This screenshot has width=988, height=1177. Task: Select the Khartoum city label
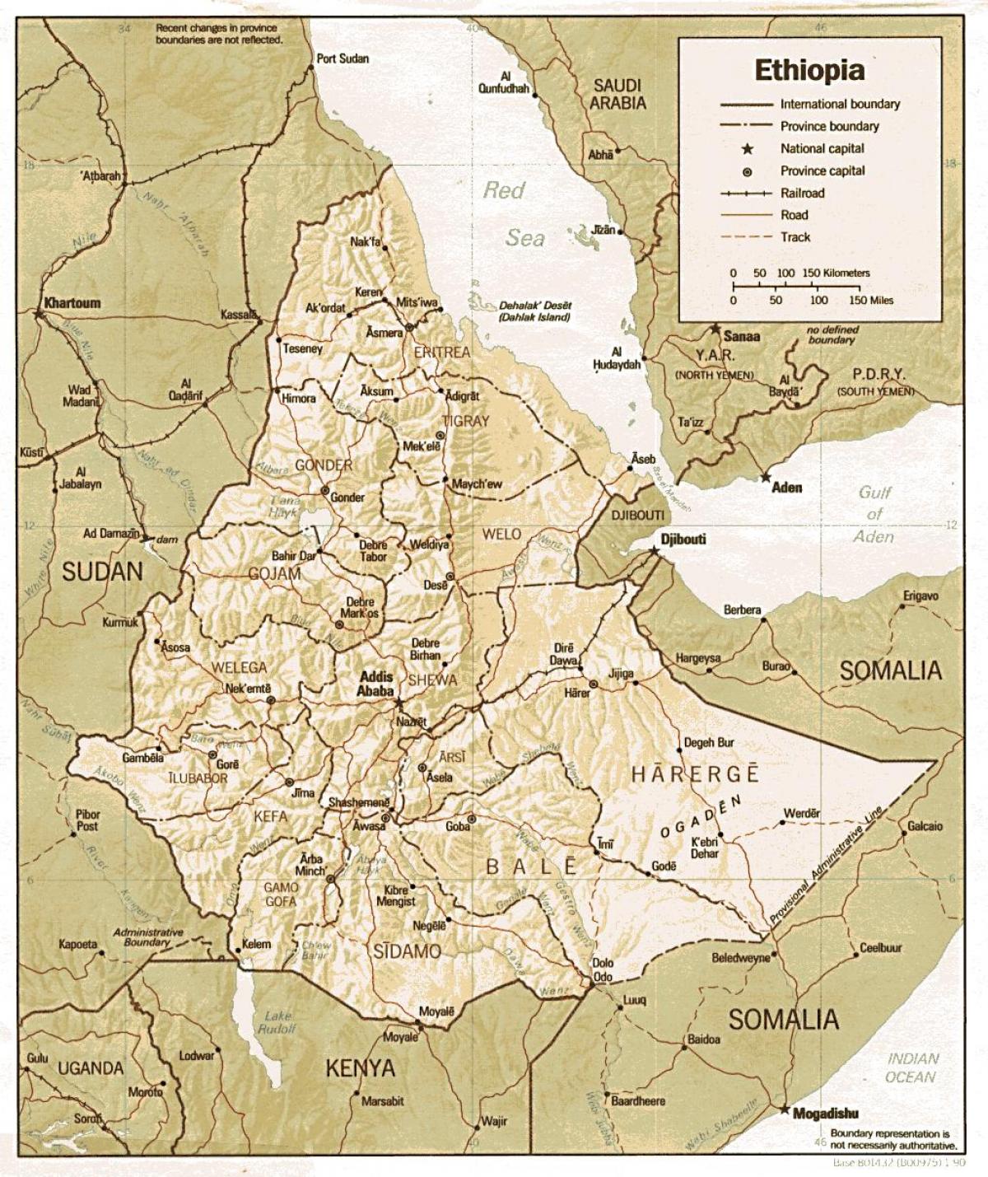[72, 303]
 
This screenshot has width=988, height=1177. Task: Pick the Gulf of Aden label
[874, 514]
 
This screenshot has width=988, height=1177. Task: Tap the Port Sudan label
[343, 58]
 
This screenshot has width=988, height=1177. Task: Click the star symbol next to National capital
[748, 149]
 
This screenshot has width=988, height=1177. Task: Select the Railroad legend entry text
[802, 193]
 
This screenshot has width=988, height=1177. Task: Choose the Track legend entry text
[795, 237]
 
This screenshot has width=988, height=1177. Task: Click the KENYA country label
[360, 1068]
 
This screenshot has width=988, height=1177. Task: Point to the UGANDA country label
[91, 1068]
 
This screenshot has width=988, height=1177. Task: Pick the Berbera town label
[742, 610]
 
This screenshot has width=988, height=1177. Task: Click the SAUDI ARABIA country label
[617, 94]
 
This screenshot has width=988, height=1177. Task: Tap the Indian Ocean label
[911, 1067]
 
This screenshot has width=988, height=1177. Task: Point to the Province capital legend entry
[823, 171]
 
